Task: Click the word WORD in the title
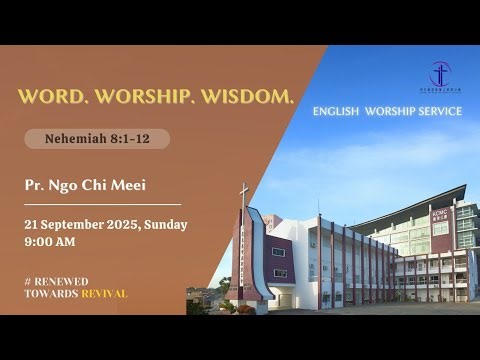pyautogui.click(x=51, y=98)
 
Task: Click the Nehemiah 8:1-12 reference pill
pyautogui.click(x=96, y=139)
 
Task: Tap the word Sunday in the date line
pyautogui.click(x=165, y=225)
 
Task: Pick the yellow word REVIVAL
pyautogui.click(x=104, y=294)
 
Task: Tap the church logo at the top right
pyautogui.click(x=440, y=74)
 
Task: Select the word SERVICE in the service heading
pyautogui.click(x=440, y=111)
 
